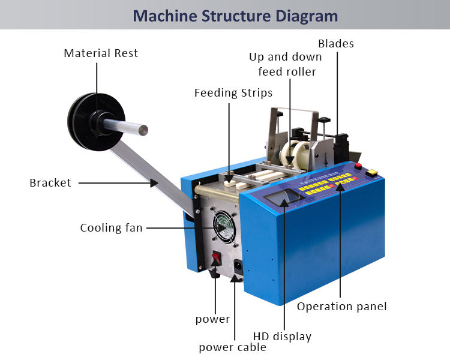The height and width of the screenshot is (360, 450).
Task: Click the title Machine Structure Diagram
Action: [235, 15]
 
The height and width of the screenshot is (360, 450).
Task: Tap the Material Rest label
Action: [101, 53]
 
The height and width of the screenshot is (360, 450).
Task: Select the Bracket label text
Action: [50, 182]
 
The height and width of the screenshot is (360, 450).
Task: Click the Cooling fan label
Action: [112, 228]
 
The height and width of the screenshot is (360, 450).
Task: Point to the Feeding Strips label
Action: [233, 93]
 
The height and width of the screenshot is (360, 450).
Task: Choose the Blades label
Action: [336, 43]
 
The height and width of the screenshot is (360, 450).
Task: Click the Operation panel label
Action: [342, 307]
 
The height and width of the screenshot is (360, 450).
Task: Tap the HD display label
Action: [282, 337]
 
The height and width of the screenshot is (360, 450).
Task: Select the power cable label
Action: [233, 347]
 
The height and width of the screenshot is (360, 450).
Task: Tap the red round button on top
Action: [359, 166]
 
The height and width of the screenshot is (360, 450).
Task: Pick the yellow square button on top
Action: [372, 173]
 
